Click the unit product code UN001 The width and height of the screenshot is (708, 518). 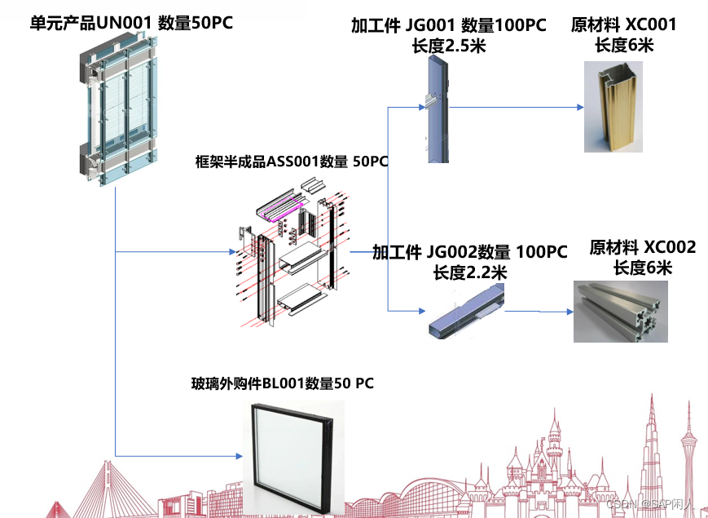pos(123,23)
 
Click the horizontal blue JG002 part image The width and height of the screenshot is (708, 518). pos(465,311)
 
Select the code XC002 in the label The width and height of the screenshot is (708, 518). pos(670,247)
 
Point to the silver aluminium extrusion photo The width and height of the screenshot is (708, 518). pos(622,311)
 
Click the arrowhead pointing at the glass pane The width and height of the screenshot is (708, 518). pos(240,454)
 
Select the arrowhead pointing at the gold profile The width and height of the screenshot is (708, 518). pos(580,107)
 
